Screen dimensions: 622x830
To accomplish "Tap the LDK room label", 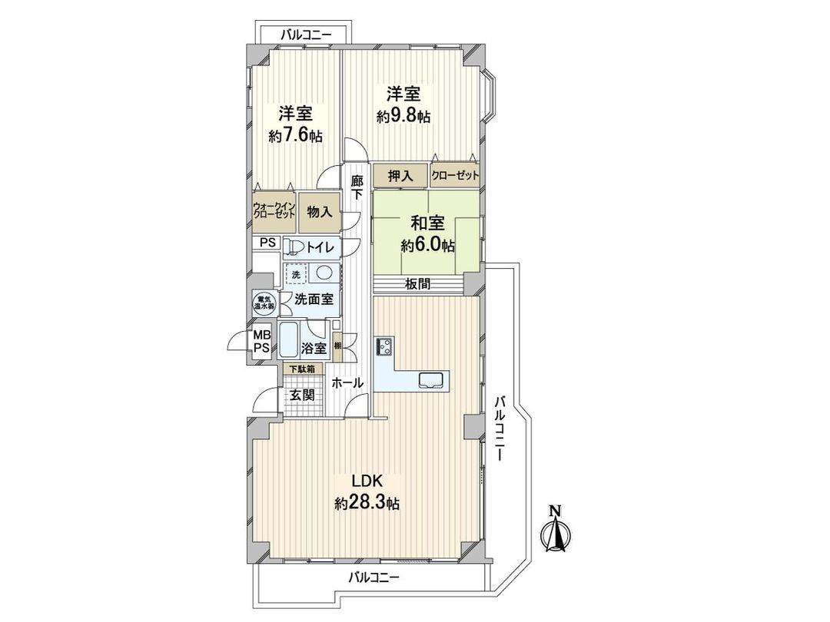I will [367, 481].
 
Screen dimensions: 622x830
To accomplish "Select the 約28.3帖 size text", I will [367, 504].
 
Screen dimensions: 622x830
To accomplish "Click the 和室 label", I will [427, 224].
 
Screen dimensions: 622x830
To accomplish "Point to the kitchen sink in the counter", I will [430, 379].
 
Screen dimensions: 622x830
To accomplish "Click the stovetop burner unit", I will [383, 347].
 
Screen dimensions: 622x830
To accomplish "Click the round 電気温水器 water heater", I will [264, 302].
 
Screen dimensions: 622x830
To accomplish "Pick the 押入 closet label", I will [400, 176].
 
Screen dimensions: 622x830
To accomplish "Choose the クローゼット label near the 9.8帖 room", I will [455, 176].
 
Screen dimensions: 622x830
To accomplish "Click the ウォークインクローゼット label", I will [274, 211].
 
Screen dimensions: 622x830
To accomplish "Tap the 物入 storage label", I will [319, 211].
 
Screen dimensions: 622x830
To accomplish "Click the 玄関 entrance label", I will [302, 395].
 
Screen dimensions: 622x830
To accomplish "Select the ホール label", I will [347, 382].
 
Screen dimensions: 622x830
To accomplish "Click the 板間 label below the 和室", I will [419, 284].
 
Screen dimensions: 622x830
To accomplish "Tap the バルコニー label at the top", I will [305, 35].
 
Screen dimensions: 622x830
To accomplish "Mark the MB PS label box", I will [262, 341].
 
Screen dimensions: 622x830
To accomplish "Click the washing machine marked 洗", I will [294, 273].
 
